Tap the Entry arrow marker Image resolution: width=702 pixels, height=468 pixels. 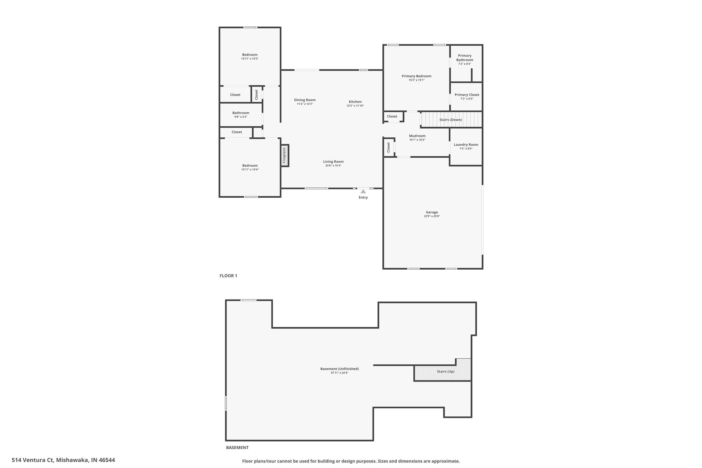(363, 192)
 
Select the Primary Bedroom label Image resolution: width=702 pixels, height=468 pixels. (416, 76)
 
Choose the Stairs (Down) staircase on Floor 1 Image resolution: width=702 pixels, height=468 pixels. (451, 120)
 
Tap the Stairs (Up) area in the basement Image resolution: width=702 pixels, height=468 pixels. (445, 372)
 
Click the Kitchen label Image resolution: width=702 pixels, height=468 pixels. (355, 102)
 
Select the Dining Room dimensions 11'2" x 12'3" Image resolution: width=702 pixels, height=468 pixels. (305, 104)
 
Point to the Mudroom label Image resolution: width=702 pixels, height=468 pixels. (417, 136)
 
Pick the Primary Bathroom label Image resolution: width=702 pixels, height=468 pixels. (464, 58)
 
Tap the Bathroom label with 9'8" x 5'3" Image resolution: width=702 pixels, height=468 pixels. (241, 113)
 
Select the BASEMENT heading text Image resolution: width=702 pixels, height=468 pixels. (237, 447)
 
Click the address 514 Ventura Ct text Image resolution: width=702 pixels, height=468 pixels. (63, 460)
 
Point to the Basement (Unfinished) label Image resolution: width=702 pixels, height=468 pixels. (339, 369)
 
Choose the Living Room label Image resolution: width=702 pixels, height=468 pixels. (333, 162)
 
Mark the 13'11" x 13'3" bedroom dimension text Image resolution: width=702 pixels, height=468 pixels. (250, 59)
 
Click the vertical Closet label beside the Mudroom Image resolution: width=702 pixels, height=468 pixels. (388, 147)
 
